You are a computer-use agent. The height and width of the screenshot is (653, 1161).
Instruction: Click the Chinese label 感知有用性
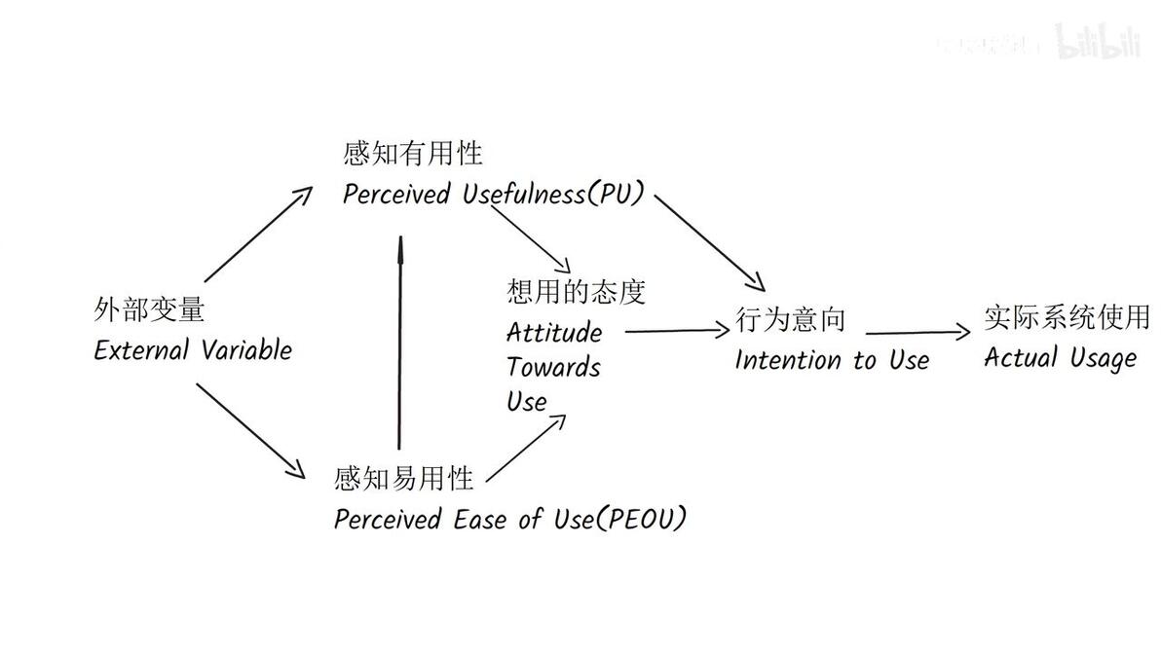(412, 154)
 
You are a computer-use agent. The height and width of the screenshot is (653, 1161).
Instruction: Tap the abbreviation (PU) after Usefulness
(615, 194)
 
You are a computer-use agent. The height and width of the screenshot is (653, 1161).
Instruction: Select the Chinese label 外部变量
(149, 310)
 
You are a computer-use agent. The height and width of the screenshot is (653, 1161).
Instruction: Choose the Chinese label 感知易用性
(403, 478)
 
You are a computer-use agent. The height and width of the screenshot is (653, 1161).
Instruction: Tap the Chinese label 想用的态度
(576, 291)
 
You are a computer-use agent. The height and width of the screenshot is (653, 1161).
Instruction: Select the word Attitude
(553, 333)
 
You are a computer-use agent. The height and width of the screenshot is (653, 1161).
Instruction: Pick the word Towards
(553, 368)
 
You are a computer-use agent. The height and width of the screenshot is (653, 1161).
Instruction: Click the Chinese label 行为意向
(790, 319)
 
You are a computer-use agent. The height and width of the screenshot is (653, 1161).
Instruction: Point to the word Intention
(788, 360)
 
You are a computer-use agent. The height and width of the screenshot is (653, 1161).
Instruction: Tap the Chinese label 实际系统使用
(1067, 316)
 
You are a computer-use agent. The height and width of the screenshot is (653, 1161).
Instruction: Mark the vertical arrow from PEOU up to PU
(398, 341)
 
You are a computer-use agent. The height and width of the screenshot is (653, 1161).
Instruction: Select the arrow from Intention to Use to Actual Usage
(918, 333)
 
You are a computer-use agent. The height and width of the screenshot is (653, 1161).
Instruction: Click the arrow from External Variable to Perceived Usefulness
(257, 233)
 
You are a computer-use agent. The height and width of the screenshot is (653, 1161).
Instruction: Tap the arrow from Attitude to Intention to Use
(676, 331)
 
